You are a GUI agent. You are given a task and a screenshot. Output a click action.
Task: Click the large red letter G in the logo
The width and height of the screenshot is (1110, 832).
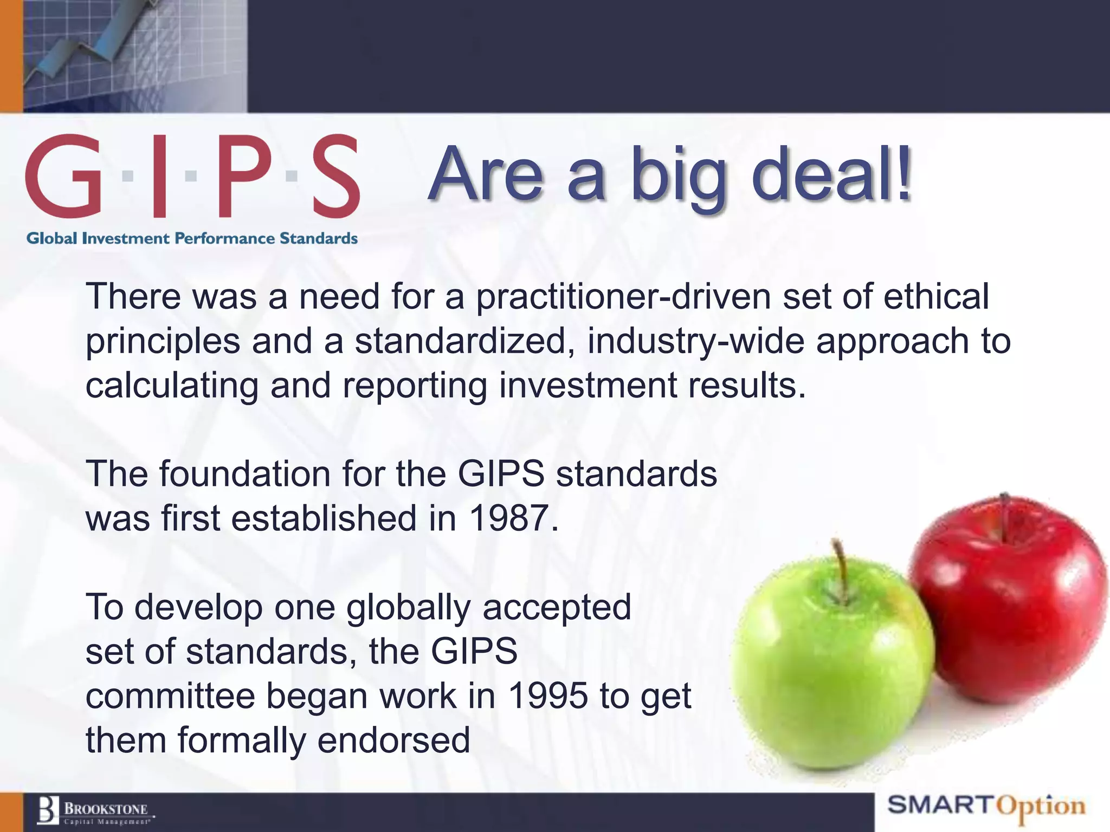point(64,176)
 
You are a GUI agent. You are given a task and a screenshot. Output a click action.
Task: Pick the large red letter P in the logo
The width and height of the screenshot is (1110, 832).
point(244,176)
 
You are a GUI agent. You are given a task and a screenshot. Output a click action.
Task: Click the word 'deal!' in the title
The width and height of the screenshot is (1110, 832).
point(832,174)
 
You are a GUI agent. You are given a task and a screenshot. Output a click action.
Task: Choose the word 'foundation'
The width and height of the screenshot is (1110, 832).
point(244,474)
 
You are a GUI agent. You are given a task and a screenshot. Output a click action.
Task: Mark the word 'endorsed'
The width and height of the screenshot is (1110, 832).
point(393,740)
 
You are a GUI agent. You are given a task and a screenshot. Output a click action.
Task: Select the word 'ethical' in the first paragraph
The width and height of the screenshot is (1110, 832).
point(936,297)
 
